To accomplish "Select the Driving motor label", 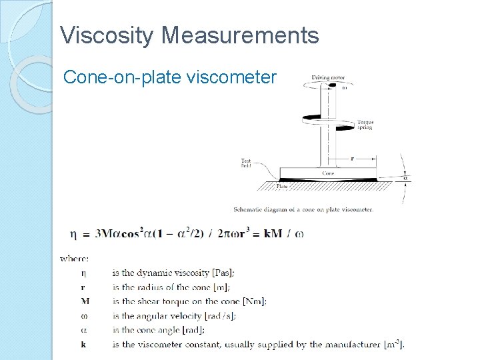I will (x=329, y=78).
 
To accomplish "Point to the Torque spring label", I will (x=365, y=125).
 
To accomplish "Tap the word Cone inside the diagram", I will (x=328, y=173).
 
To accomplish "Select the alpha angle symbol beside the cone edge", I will (x=405, y=178).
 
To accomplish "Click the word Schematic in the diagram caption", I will (x=249, y=209).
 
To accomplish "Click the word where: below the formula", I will (x=75, y=258).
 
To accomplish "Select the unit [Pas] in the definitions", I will (x=223, y=273).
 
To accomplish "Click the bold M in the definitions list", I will (x=84, y=301).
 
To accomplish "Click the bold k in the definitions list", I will (x=83, y=345).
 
